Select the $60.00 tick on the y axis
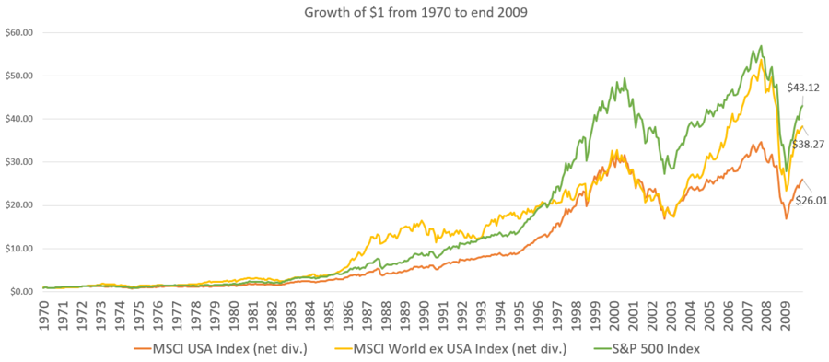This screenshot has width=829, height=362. (x=18, y=33)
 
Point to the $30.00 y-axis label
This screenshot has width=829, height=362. (x=18, y=162)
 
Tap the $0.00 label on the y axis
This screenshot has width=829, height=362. (x=20, y=292)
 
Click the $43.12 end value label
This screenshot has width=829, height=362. (x=802, y=88)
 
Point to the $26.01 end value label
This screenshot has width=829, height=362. (x=809, y=200)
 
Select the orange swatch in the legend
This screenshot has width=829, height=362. (x=144, y=350)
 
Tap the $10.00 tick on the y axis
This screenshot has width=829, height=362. (x=18, y=249)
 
